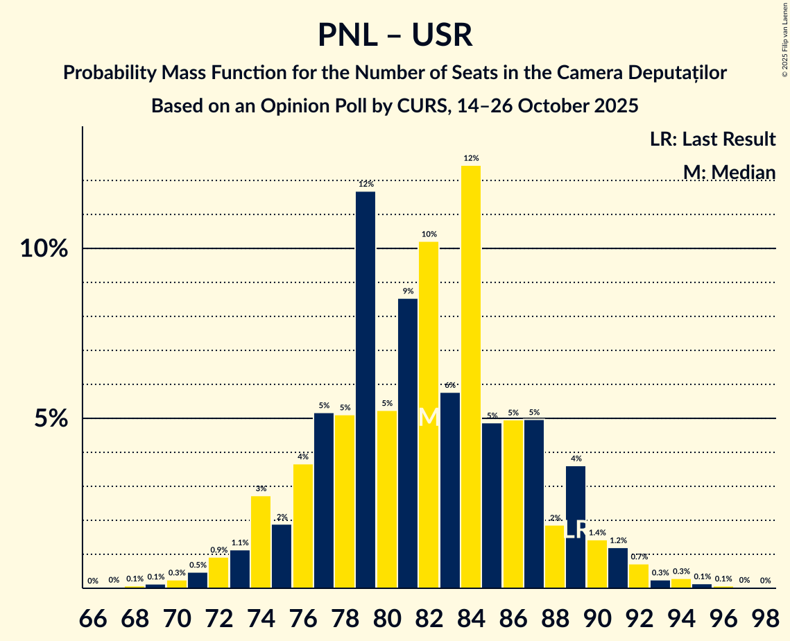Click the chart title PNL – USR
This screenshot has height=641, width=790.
coord(395,35)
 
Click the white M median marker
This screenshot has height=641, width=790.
coord(429,417)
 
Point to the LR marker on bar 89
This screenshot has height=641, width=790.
coord(576,530)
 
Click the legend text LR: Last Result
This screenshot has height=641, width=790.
coord(712,139)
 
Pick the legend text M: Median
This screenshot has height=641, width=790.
coord(729,172)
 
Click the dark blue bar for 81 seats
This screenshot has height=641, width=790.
coord(408,444)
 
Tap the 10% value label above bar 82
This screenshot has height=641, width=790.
coord(429,234)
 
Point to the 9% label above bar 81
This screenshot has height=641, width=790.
coord(408,291)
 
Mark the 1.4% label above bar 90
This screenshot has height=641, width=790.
coord(596,533)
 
